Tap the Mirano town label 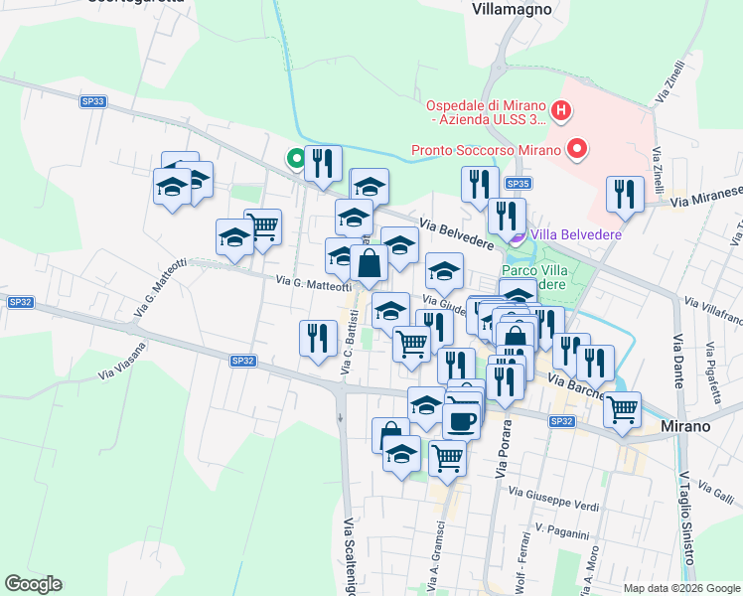685,425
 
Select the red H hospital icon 561,111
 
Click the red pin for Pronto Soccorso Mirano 576,150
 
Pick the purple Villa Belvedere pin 516,235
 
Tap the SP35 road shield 518,184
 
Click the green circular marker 295,157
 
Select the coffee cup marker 461,419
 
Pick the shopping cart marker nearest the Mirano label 622,408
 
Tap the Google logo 33,584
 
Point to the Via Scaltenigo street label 350,551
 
